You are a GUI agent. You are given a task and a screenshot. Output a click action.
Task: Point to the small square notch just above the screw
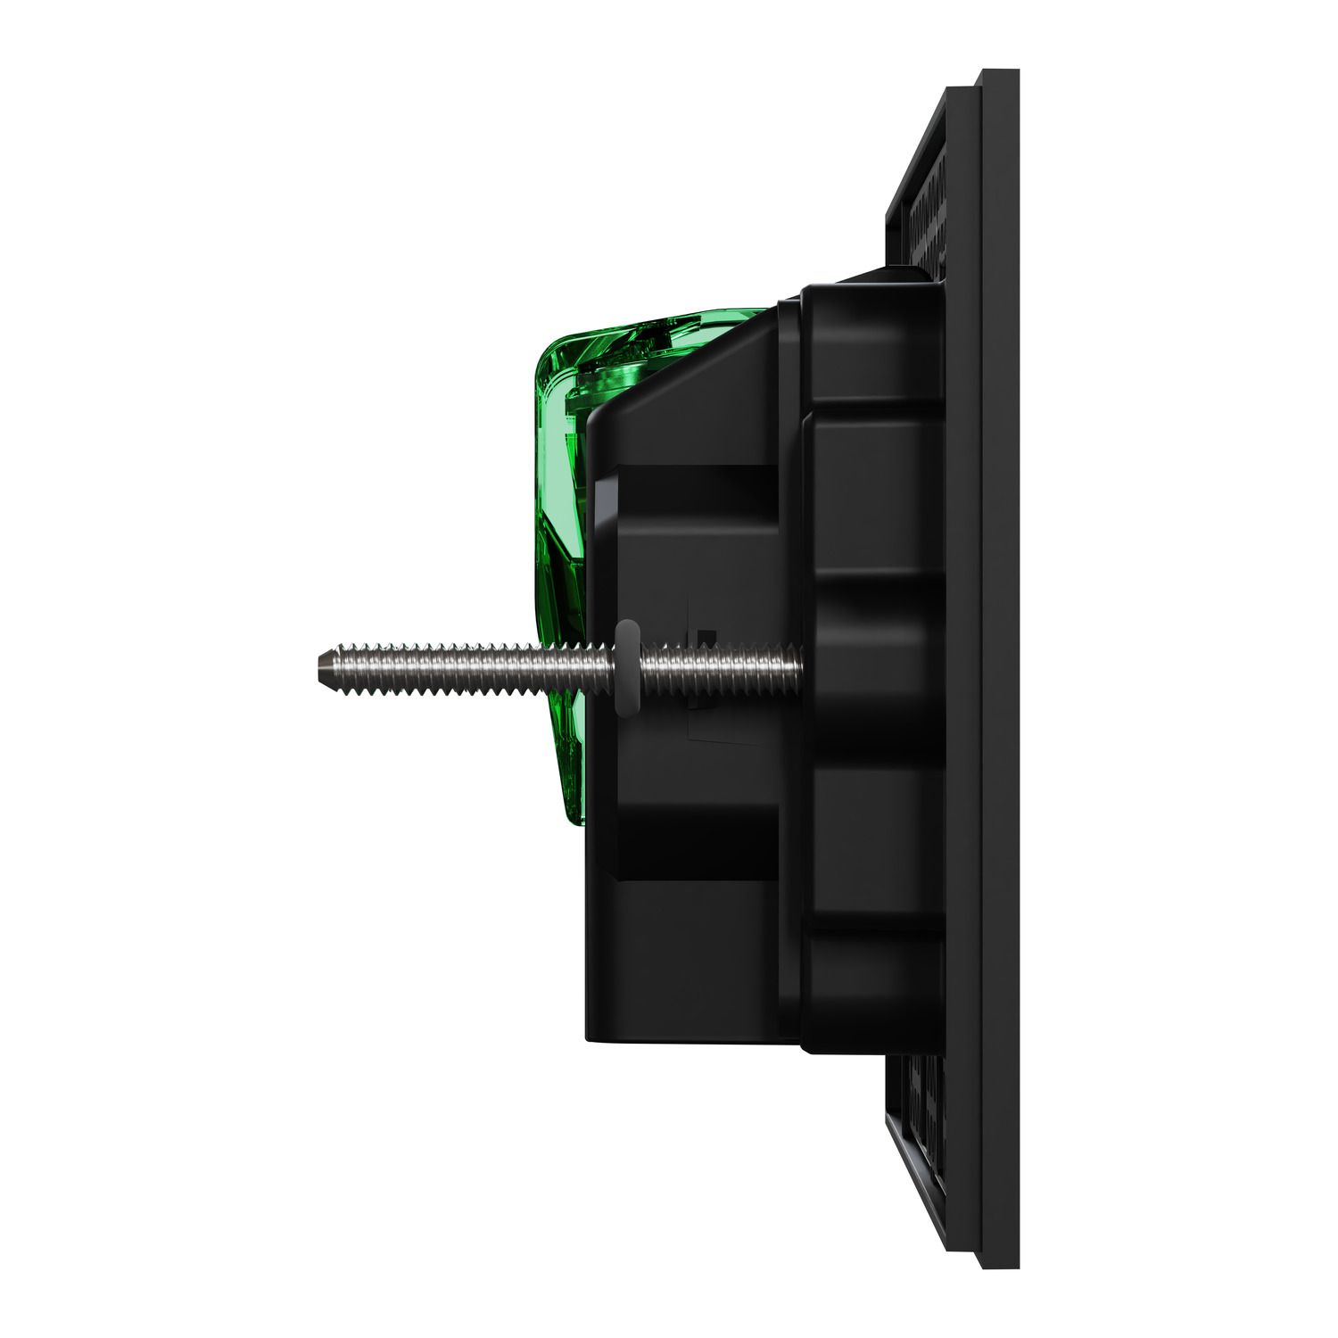coord(706,635)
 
